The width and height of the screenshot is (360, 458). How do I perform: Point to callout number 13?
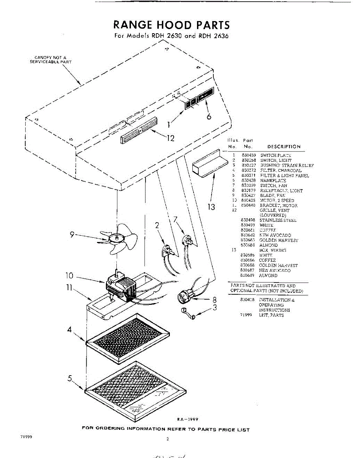click(211, 207)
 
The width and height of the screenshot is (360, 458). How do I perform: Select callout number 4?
click(70, 330)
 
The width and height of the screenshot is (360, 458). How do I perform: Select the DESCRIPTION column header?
click(284, 147)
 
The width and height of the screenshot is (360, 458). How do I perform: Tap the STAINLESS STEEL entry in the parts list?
click(278, 220)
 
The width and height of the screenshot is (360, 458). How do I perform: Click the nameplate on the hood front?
click(204, 95)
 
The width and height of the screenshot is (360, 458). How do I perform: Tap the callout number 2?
click(157, 225)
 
